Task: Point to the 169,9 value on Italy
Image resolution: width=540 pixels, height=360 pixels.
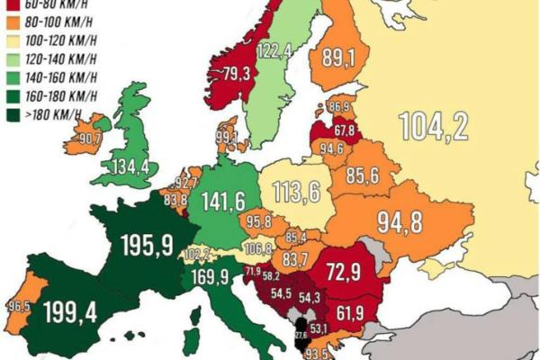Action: (x=208, y=276)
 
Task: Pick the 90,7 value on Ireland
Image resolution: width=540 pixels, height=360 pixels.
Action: (x=89, y=139)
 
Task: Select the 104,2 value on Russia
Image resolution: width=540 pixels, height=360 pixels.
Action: (x=433, y=128)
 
